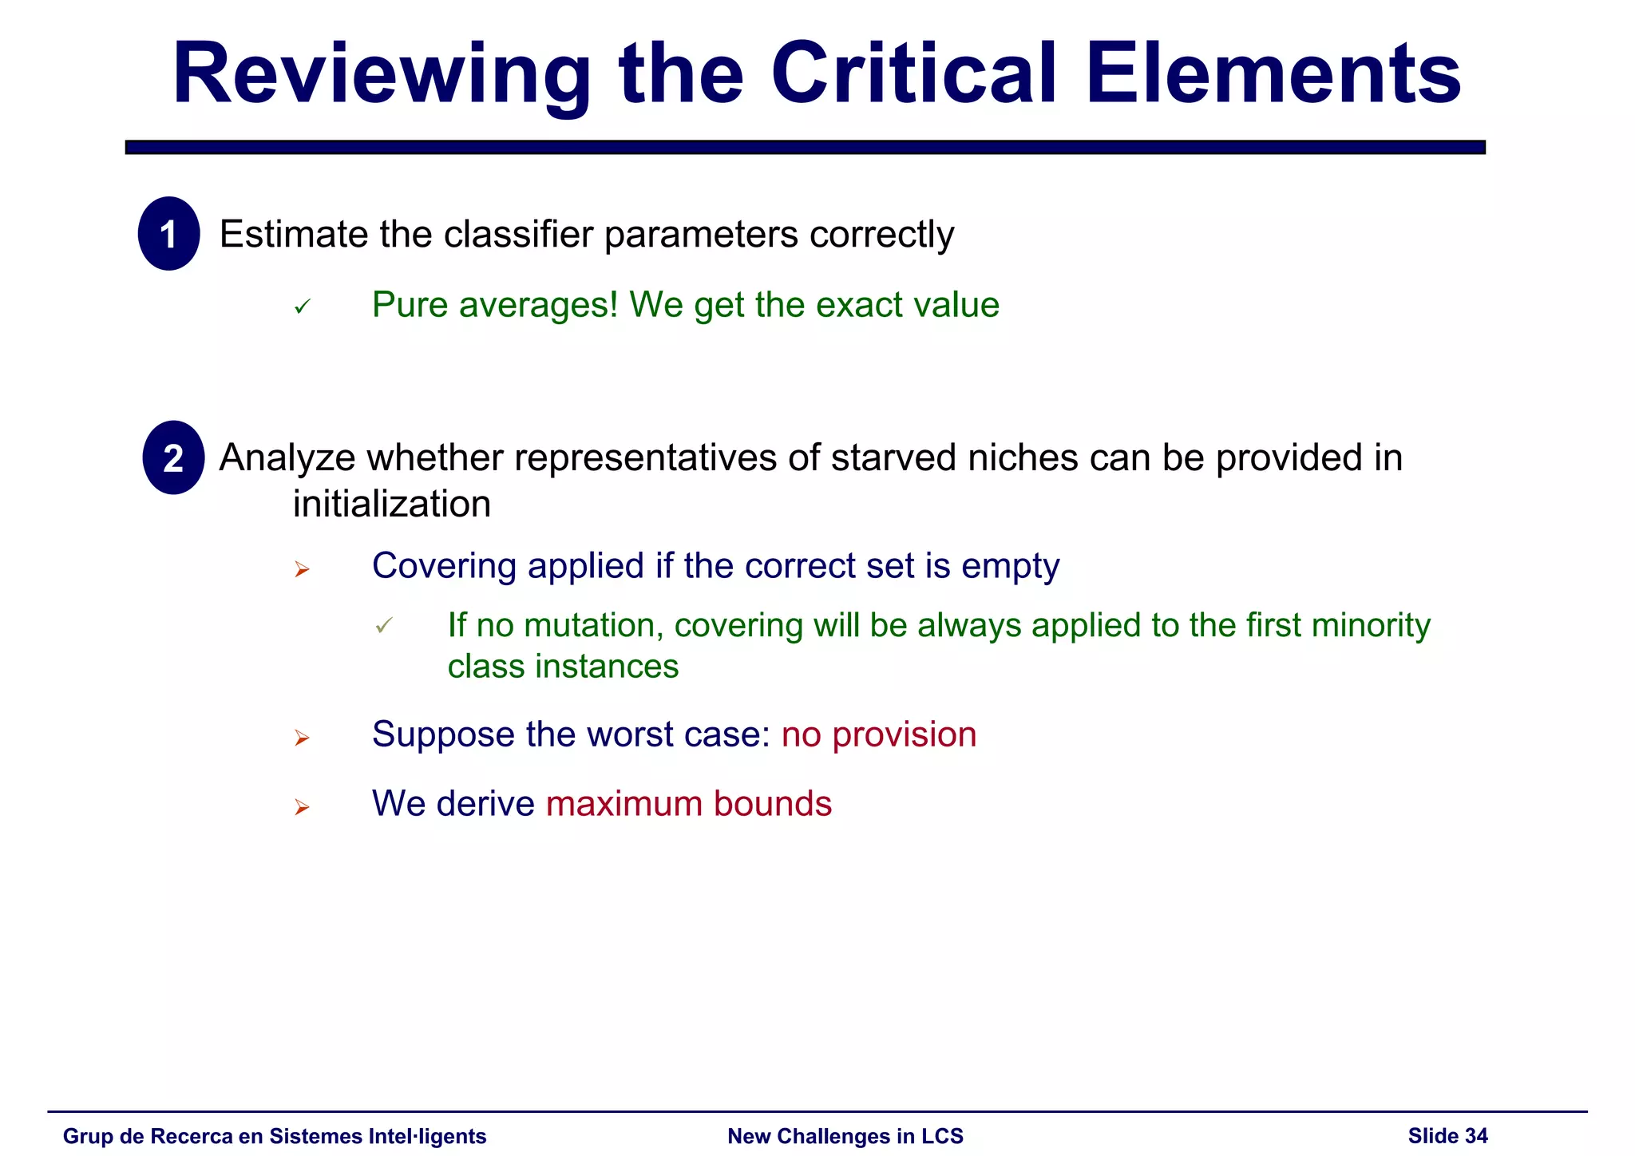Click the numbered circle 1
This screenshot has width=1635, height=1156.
168,234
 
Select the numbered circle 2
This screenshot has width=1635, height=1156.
173,458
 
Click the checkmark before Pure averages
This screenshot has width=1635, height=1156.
302,307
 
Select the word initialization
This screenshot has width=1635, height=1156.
391,505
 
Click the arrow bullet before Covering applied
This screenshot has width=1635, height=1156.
302,569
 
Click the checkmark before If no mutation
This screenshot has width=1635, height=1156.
384,626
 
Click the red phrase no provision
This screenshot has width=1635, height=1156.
878,734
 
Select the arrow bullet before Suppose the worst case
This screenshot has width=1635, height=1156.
302,738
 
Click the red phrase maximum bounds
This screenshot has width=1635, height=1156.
688,804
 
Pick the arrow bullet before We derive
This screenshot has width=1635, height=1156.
302,808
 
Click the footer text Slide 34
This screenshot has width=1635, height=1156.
1447,1136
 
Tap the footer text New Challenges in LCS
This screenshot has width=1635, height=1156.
845,1136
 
